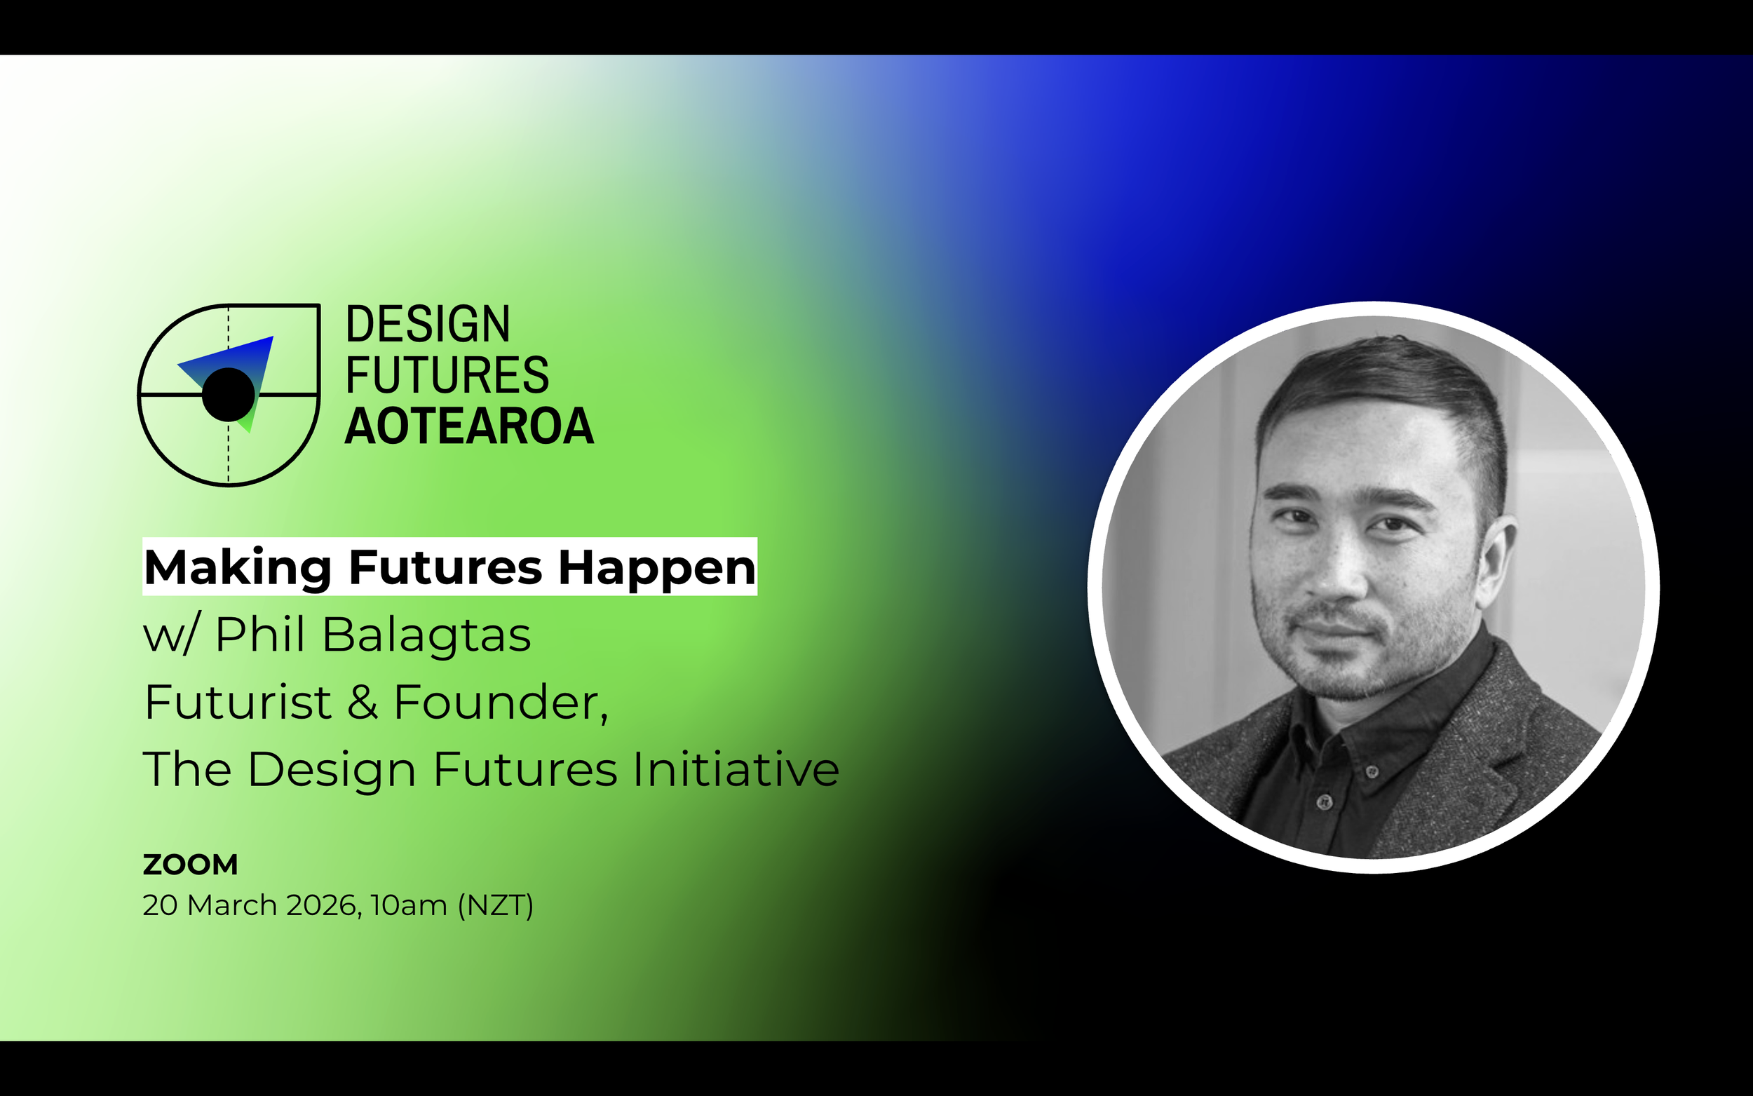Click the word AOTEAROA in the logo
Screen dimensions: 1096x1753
coord(469,427)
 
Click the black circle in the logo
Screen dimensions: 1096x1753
coord(229,394)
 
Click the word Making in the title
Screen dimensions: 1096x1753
coord(238,567)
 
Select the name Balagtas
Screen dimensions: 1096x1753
coord(426,636)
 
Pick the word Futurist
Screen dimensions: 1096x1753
coord(238,703)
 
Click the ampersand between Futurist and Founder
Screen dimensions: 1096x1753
coord(363,703)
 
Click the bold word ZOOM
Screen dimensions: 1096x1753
coord(190,865)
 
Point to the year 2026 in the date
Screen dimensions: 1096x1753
coord(323,905)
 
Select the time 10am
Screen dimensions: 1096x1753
coord(408,905)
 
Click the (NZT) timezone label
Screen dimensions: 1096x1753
coord(496,905)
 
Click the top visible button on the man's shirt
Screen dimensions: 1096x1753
coord(1371,771)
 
